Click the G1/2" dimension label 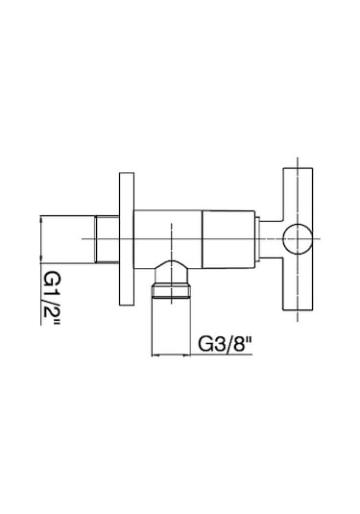click(x=52, y=298)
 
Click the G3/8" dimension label click(x=225, y=344)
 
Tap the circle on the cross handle click(x=298, y=239)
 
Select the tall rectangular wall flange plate click(x=127, y=239)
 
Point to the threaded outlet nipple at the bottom click(x=171, y=291)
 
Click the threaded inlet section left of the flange click(x=107, y=239)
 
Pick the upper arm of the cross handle click(x=298, y=196)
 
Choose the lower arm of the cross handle click(x=298, y=282)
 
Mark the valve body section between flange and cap click(x=168, y=239)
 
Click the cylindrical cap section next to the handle click(x=228, y=239)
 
